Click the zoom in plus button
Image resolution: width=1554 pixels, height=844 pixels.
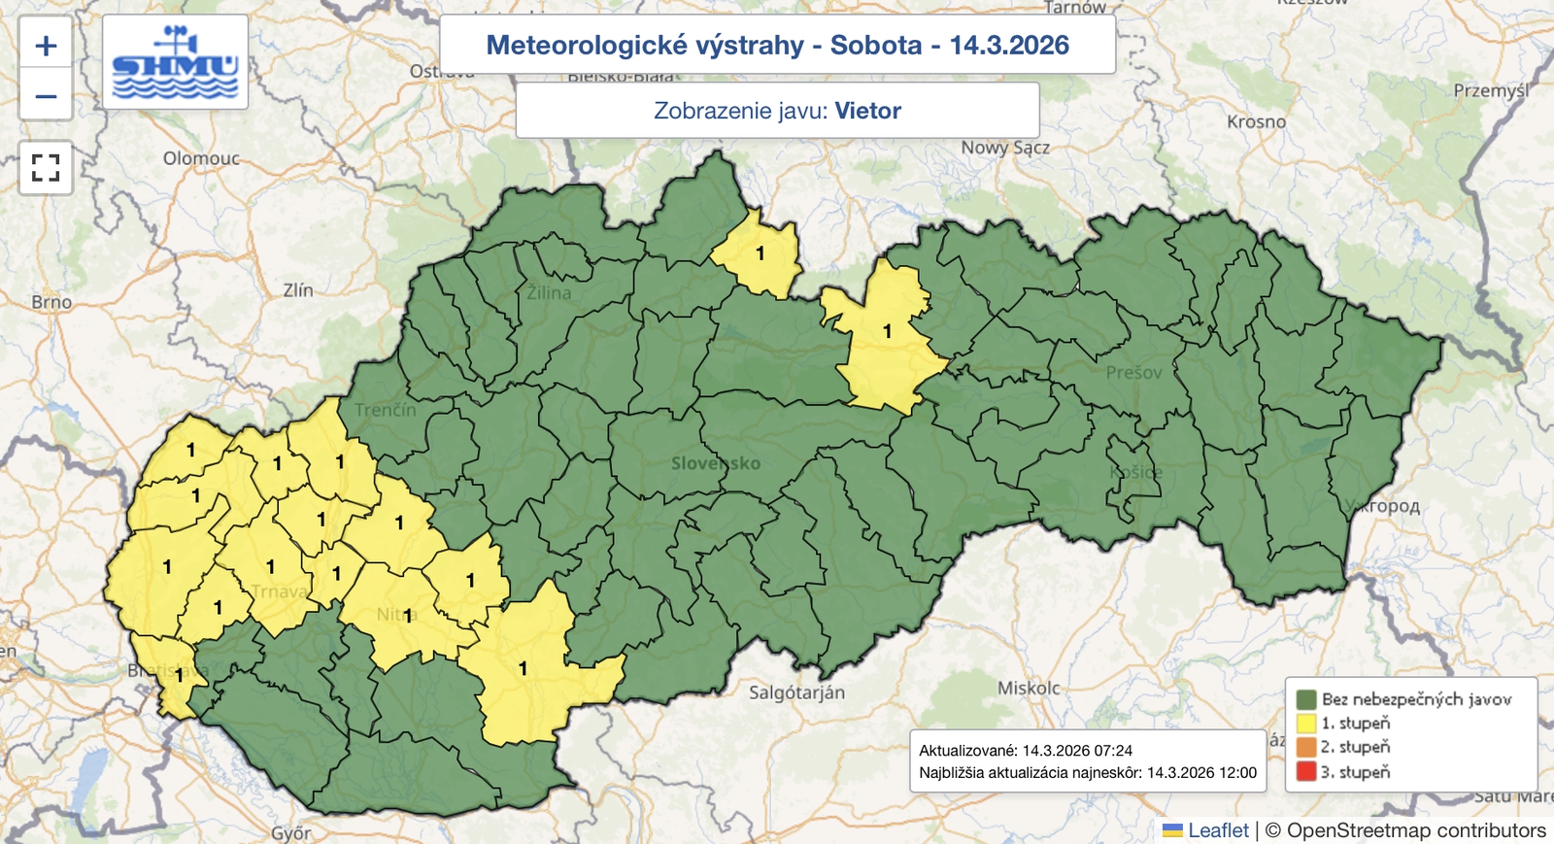point(46,46)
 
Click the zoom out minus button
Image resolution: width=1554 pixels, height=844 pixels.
point(46,96)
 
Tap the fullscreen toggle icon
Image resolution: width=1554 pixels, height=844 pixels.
point(46,168)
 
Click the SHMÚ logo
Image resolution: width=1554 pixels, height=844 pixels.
point(175,62)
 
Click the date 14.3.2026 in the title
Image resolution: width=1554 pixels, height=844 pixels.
point(1009,45)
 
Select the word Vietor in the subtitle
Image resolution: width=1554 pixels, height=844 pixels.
point(867,111)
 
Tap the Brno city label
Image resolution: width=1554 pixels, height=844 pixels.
point(51,302)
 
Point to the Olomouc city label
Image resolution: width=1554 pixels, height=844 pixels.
point(201,158)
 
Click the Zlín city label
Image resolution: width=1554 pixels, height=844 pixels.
point(298,289)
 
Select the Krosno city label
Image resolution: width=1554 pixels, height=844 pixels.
point(1256,122)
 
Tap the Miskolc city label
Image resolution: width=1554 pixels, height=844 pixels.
point(1029,688)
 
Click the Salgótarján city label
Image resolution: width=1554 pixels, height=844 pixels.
point(796,692)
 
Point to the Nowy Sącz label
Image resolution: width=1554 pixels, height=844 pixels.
point(1005,148)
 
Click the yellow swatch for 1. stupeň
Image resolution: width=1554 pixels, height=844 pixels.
point(1306,724)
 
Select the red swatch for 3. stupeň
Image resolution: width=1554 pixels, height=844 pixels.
point(1306,772)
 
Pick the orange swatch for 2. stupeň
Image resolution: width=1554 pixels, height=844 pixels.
point(1306,748)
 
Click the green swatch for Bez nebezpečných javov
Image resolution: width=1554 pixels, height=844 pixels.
point(1306,699)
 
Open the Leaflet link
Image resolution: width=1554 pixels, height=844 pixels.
point(1217,830)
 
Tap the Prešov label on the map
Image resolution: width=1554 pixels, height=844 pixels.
point(1133,372)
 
